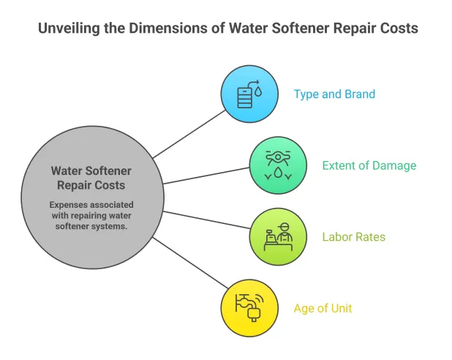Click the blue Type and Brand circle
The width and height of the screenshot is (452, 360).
pos(249,94)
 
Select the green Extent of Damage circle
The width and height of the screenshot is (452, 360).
pos(277,165)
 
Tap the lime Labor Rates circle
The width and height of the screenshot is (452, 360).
pos(277,236)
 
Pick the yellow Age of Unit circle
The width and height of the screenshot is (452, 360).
pos(249,308)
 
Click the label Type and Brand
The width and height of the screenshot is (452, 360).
pos(334,94)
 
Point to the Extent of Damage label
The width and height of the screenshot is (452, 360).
pos(369,165)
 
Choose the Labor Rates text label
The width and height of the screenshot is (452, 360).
pos(354,237)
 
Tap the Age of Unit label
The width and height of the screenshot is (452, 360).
pos(323,308)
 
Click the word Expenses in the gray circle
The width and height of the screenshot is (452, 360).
pos(72,204)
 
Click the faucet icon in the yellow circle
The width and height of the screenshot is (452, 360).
pos(249,307)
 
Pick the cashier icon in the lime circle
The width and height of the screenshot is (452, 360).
pos(277,237)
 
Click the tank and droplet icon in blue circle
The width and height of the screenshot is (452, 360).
pos(249,94)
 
